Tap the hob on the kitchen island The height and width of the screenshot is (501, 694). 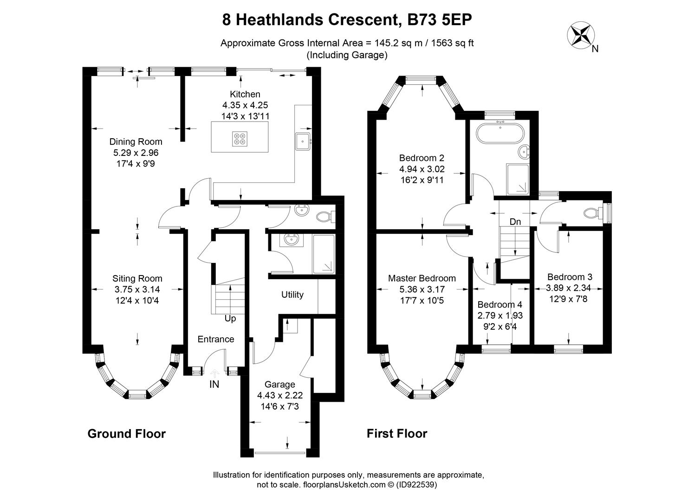click(x=241, y=138)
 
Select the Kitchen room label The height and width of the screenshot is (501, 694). click(x=245, y=94)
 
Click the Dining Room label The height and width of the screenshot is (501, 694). click(x=136, y=142)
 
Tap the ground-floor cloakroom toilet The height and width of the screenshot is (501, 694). click(x=323, y=216)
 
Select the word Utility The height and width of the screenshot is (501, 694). click(x=292, y=295)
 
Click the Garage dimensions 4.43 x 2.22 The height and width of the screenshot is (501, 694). click(x=279, y=395)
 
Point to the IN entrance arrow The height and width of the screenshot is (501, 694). click(x=214, y=372)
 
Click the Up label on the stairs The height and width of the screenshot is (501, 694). click(x=230, y=319)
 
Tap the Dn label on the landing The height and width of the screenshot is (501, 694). click(x=515, y=222)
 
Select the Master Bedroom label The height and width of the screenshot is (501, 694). click(x=422, y=278)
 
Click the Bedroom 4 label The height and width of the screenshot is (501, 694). click(x=500, y=305)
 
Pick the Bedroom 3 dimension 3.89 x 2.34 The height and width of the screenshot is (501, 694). click(x=569, y=288)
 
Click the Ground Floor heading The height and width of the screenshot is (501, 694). click(x=126, y=434)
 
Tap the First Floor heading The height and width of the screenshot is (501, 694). click(x=397, y=434)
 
